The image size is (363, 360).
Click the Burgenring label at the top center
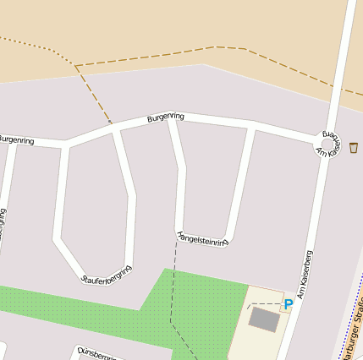(166, 117)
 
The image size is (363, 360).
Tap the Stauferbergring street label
(107, 274)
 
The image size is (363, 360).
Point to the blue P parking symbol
(288, 304)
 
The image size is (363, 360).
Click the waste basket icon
(353, 148)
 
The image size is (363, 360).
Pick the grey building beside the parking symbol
(264, 319)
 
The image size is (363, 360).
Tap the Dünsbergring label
(96, 353)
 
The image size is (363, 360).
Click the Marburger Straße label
(351, 334)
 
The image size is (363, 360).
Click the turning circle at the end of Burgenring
(327, 138)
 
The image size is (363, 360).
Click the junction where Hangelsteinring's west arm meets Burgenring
(172, 120)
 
